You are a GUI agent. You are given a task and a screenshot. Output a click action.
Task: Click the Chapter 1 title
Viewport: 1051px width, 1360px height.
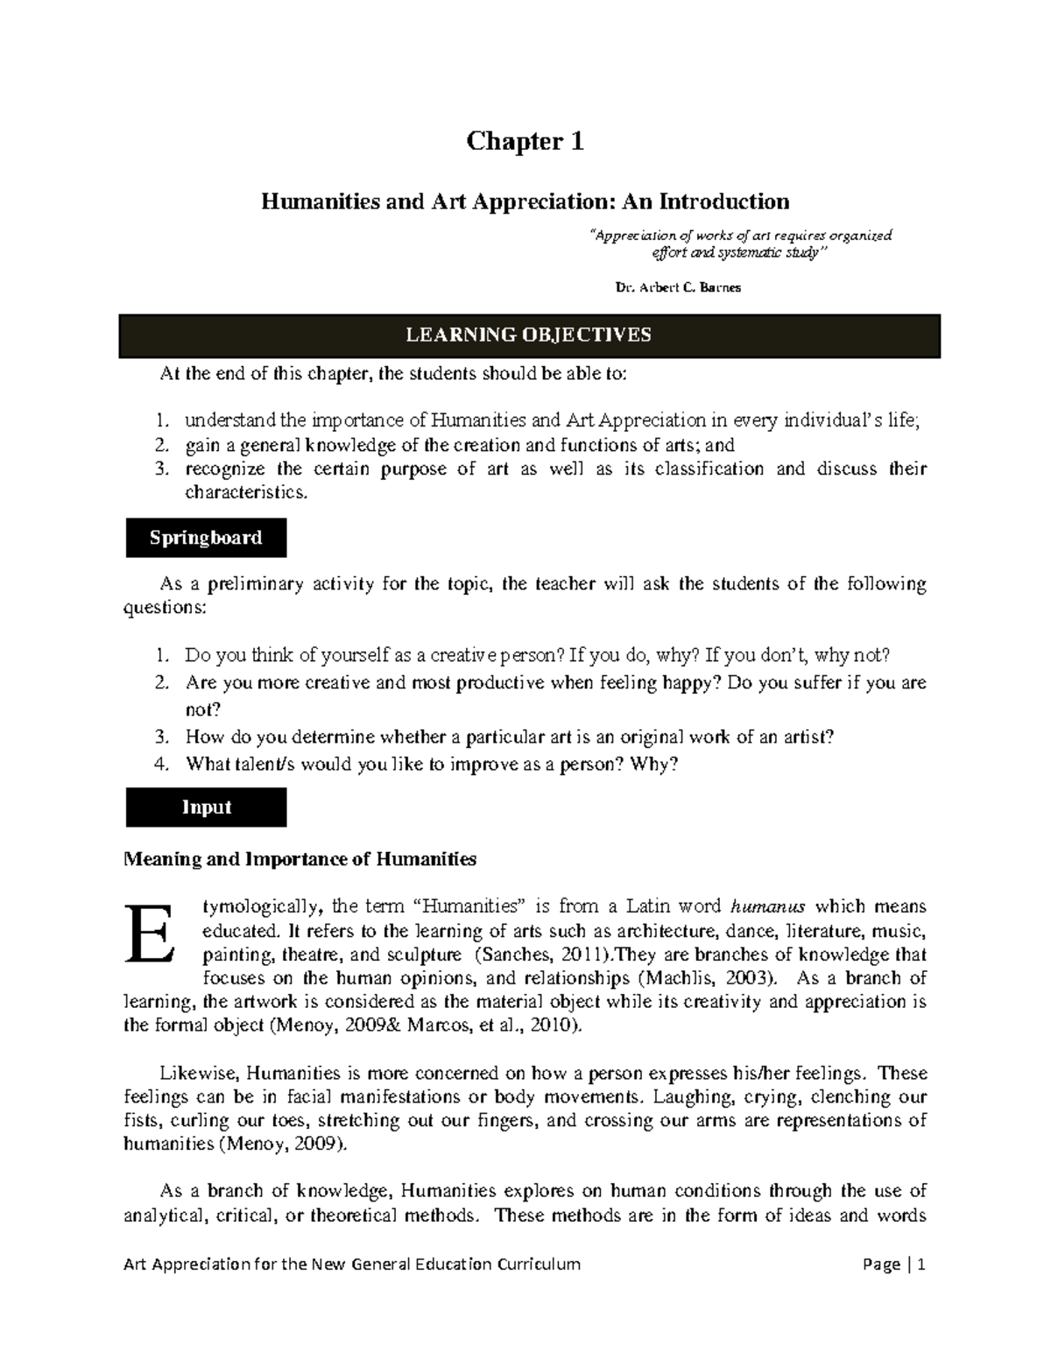[525, 141]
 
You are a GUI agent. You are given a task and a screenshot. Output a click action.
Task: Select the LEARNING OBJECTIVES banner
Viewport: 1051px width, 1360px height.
[529, 335]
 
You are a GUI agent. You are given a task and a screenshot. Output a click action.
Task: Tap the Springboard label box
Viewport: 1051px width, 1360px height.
[206, 538]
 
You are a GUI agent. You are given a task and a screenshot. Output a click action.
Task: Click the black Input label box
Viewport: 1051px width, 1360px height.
[206, 807]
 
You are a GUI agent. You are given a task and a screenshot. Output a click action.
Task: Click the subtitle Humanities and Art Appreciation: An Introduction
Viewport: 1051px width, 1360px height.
[525, 202]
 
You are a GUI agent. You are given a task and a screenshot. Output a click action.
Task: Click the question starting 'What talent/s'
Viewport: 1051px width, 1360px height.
[432, 764]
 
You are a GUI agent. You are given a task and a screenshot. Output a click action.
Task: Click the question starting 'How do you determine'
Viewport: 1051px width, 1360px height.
[510, 736]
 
